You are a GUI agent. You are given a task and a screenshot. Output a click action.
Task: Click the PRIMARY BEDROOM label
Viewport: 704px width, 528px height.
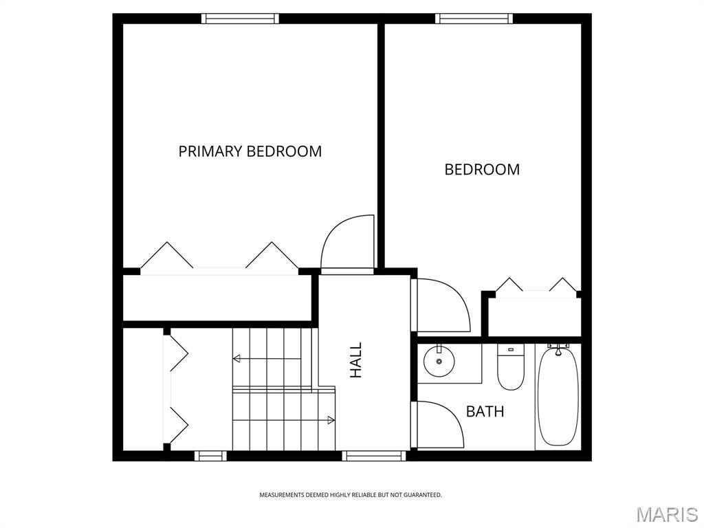(250, 151)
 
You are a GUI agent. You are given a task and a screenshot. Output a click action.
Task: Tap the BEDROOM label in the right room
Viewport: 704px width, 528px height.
(482, 169)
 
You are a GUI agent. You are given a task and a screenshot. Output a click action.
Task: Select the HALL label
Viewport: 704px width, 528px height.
(356, 360)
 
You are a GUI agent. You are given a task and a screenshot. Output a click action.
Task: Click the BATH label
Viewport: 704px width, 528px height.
(485, 412)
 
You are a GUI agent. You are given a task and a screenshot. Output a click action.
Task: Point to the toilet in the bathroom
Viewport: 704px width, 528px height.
(510, 368)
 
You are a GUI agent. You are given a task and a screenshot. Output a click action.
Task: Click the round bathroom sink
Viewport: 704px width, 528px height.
(439, 362)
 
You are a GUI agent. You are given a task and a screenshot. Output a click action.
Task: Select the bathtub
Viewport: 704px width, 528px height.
(558, 398)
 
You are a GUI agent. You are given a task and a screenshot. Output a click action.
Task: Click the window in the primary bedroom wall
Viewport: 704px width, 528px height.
(240, 19)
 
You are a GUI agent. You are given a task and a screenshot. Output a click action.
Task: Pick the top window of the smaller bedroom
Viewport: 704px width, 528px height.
(474, 19)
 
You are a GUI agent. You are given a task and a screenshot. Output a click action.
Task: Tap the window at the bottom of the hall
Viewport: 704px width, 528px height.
(374, 455)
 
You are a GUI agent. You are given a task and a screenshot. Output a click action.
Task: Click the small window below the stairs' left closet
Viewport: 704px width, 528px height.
(210, 455)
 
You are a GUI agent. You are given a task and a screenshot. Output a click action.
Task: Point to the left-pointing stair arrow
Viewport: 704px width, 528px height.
(237, 358)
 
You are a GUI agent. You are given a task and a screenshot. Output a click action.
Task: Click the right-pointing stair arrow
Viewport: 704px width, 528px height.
(331, 419)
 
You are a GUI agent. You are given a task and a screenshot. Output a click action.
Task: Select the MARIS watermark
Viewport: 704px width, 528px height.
(667, 514)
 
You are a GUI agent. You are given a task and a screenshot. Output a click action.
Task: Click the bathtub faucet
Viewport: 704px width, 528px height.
(558, 349)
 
